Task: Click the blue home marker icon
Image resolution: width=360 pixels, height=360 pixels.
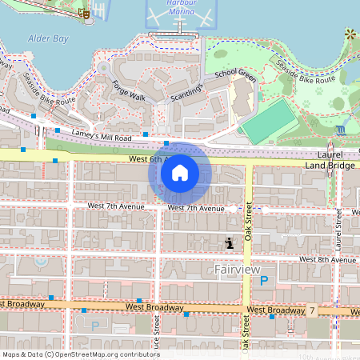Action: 180,172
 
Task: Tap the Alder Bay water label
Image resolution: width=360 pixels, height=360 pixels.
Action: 48,38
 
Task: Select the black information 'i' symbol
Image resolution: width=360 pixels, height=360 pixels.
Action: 230,242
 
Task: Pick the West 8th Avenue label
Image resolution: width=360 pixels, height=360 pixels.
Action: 327,259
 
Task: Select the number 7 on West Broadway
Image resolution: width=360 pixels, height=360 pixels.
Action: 313,310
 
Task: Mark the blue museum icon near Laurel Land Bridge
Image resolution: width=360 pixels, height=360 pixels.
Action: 342,129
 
